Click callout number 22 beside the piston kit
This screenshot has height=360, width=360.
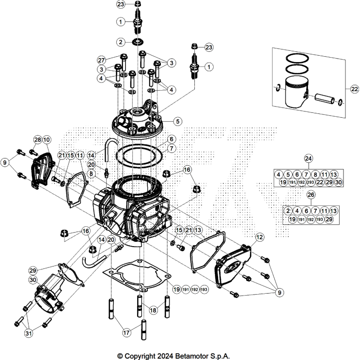click(354, 89)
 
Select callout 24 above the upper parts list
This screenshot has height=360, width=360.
click(309, 158)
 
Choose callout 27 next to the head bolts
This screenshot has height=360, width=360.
click(101, 60)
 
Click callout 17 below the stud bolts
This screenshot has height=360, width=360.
click(126, 333)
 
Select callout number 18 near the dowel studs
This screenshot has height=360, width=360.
click(153, 310)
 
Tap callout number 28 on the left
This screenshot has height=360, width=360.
click(37, 140)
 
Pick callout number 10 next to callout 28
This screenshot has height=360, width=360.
click(47, 140)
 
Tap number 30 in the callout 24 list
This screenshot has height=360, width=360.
click(338, 182)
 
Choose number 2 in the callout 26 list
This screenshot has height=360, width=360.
click(288, 210)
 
